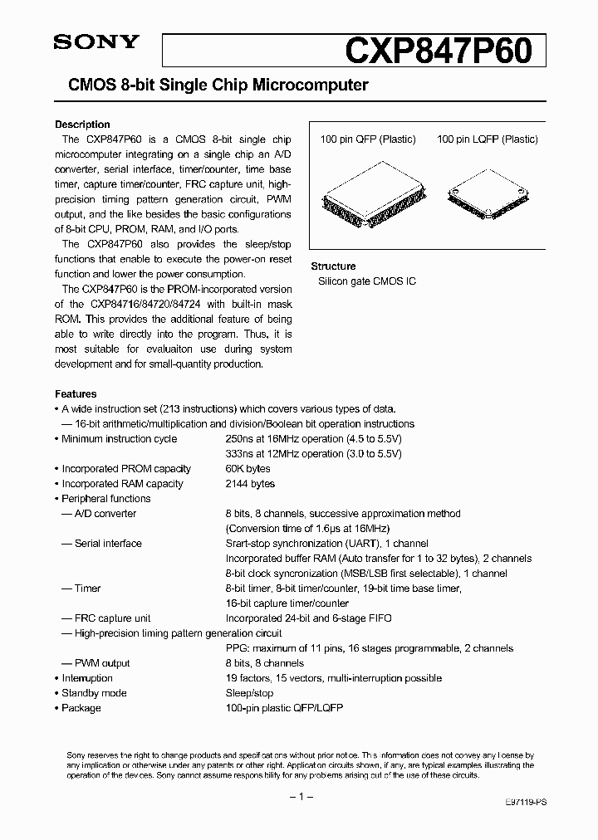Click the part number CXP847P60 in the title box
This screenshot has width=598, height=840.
point(438,49)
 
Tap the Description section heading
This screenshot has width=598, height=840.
point(82,125)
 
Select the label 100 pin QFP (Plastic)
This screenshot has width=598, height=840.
point(367,139)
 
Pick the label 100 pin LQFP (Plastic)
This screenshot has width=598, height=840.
point(488,139)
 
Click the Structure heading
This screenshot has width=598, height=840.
point(333,266)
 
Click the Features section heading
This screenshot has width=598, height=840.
point(76,394)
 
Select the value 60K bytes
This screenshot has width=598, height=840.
point(248,469)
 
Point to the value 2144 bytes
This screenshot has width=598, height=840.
point(250,484)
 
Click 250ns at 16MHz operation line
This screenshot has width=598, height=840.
point(313,439)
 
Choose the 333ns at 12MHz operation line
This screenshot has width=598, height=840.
point(313,454)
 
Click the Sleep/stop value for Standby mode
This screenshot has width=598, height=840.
point(249,693)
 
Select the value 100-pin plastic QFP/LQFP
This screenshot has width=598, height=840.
point(284,708)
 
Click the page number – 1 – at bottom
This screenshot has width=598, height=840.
point(299,798)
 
